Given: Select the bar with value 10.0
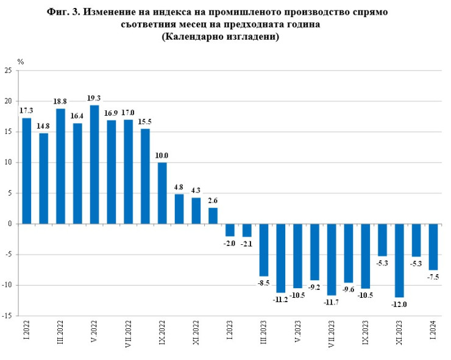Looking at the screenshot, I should tap(162, 193).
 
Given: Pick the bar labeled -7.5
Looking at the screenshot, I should tap(433, 247).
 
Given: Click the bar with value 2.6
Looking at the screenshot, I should tap(213, 216).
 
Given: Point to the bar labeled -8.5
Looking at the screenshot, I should tap(264, 250).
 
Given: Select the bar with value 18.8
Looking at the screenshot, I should tap(60, 166).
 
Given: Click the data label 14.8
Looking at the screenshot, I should tap(43, 127).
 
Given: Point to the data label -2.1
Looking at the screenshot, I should tap(247, 244).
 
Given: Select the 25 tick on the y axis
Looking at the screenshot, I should tap(9, 71).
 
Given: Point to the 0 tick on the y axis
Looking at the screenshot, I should tap(10, 224).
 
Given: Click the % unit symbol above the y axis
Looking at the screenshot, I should tap(20, 62).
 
